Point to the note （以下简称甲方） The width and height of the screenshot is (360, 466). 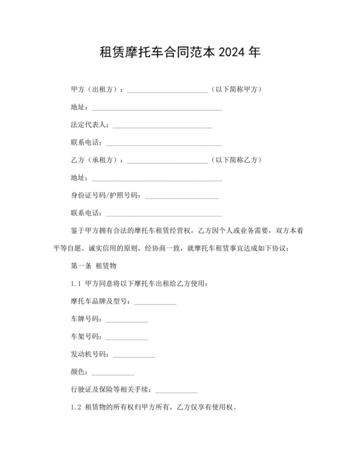[x=237, y=89]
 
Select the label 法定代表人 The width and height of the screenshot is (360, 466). [x=89, y=124]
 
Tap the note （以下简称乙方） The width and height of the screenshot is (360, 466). [x=237, y=159]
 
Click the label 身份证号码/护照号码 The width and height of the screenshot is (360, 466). [x=104, y=195]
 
